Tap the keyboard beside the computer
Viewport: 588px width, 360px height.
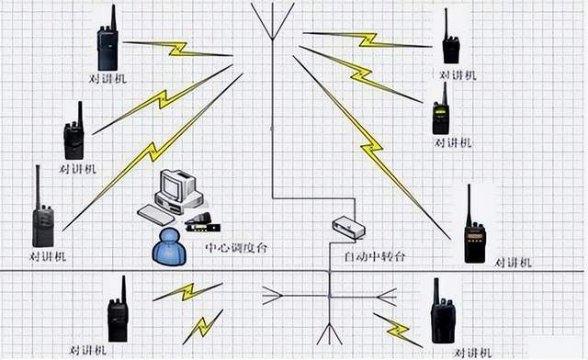point(155,215)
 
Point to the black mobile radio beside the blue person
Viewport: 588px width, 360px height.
point(202,222)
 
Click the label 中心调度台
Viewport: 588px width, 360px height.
point(237,248)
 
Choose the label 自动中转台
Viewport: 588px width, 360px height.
point(375,256)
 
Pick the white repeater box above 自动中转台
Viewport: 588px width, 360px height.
point(348,227)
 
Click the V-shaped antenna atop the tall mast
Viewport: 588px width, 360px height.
point(273,20)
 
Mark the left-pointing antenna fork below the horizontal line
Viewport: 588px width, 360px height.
point(273,296)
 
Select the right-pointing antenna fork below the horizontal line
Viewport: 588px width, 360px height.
point(386,297)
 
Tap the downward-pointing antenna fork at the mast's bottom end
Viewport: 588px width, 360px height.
point(329,333)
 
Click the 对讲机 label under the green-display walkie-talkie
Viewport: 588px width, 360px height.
point(453,143)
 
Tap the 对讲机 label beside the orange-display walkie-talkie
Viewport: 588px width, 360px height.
point(513,262)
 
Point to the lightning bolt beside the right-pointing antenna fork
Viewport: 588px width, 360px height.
point(398,330)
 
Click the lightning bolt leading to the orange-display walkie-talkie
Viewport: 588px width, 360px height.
point(371,147)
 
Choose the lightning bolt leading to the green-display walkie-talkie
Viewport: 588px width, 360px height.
point(361,74)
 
